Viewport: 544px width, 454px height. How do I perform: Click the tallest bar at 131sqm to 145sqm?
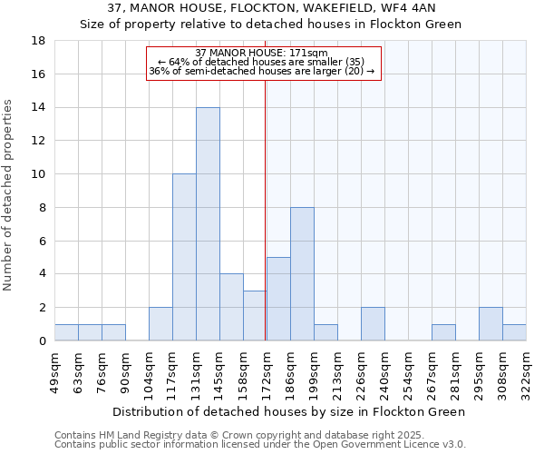pyautogui.click(x=208, y=224)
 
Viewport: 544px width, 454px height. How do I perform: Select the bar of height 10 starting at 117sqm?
pyautogui.click(x=184, y=257)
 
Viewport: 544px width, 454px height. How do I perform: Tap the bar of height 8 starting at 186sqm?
pyautogui.click(x=302, y=274)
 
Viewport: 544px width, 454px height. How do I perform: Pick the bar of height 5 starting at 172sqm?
pyautogui.click(x=278, y=299)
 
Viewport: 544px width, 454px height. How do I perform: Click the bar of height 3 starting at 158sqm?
pyautogui.click(x=254, y=316)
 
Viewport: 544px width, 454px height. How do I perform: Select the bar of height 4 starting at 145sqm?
pyautogui.click(x=231, y=307)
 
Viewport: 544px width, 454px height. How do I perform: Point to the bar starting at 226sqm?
pyautogui.click(x=373, y=324)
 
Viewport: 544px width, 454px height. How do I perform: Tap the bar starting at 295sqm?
pyautogui.click(x=491, y=324)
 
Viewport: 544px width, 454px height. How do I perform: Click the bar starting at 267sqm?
pyautogui.click(x=443, y=332)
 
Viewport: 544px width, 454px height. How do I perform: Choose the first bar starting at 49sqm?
pyautogui.click(x=66, y=332)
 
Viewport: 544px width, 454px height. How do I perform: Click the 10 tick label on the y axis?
pyautogui.click(x=39, y=174)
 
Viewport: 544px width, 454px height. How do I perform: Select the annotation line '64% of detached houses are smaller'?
pyautogui.click(x=261, y=62)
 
